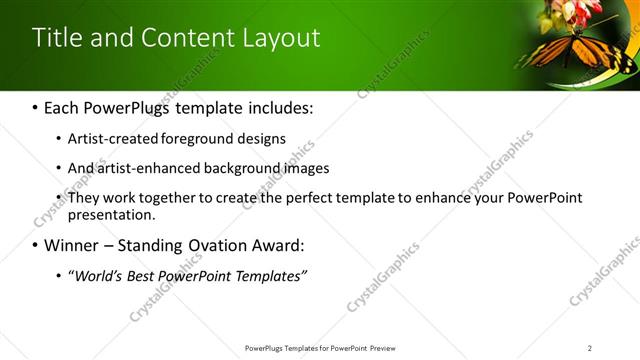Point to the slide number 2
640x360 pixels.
[590, 348]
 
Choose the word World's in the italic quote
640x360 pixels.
[98, 275]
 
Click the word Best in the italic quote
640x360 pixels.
[149, 275]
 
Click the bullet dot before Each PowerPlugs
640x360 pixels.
[36, 108]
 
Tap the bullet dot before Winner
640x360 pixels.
[36, 246]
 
